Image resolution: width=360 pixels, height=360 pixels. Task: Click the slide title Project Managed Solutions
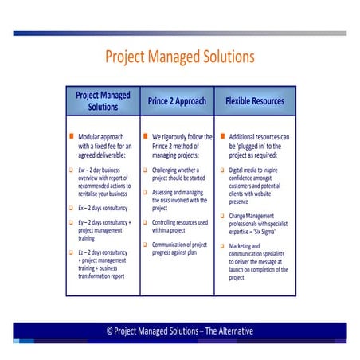[x=180, y=57]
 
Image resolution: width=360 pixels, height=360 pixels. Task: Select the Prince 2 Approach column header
[x=177, y=101]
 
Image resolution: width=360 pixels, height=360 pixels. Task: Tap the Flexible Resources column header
[x=255, y=101]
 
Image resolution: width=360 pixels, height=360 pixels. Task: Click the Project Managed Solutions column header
[x=103, y=101]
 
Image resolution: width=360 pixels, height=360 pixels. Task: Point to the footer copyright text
[x=180, y=331]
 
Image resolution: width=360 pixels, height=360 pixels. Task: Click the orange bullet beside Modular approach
[x=71, y=137]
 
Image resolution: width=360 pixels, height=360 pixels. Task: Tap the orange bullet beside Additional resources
[x=222, y=137]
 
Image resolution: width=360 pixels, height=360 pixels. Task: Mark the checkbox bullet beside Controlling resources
[x=145, y=222]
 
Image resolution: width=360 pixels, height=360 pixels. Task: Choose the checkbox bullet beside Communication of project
[x=145, y=244]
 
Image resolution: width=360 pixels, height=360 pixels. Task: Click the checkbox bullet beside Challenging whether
[x=145, y=170]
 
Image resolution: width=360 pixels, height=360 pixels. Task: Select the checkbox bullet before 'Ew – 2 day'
[x=71, y=170]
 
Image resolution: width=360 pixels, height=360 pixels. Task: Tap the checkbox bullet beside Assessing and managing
[x=145, y=192]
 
